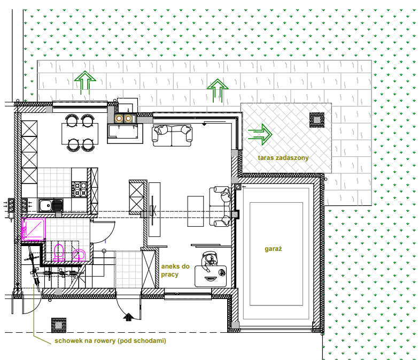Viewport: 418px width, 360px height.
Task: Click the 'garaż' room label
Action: point(273,249)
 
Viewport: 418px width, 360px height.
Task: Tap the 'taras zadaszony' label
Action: point(283,158)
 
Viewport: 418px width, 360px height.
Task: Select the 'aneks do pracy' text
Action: point(175,270)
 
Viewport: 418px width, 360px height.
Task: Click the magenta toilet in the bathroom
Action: point(59,252)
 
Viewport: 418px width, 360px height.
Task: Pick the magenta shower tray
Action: point(33,229)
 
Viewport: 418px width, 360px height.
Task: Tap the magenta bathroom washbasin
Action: point(79,255)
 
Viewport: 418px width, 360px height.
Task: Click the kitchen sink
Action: point(51,205)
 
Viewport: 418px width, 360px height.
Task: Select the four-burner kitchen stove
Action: point(79,189)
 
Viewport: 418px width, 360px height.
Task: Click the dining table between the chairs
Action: point(80,133)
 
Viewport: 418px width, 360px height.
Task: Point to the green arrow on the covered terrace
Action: point(260,134)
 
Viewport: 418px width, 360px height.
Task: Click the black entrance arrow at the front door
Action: point(128,317)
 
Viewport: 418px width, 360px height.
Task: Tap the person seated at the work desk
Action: point(210,259)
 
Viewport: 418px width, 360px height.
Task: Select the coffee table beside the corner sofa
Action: point(196,211)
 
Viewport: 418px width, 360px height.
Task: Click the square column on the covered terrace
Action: point(316,120)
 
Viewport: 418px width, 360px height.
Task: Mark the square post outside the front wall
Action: point(59,325)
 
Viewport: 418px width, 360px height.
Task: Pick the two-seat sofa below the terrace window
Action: point(172,135)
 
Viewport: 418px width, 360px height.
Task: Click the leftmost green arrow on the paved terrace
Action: point(85,82)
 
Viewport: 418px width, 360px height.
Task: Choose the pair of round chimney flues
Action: point(123,118)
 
